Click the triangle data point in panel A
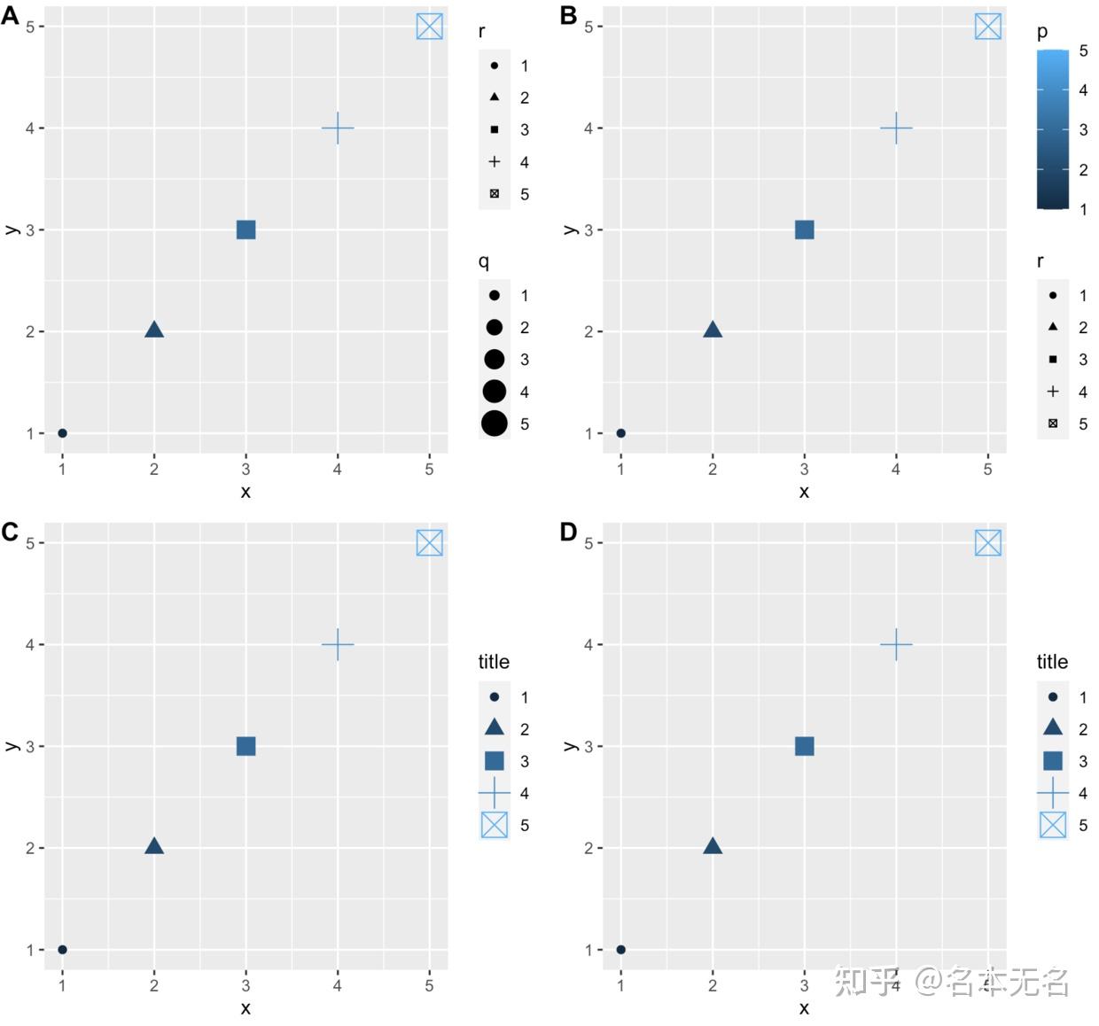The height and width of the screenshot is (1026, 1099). tap(154, 330)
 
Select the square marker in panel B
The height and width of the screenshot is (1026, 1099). tap(804, 229)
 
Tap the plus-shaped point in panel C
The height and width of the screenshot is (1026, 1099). tap(337, 644)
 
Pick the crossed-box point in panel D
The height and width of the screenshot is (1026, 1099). tap(987, 543)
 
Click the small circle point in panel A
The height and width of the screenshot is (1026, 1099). tap(62, 433)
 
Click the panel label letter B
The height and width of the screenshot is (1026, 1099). tap(569, 15)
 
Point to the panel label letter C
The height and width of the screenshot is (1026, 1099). tap(10, 532)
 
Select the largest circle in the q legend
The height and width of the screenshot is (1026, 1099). tap(495, 424)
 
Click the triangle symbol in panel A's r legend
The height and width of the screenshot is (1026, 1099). tap(495, 97)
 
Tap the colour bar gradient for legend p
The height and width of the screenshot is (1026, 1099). tap(1052, 129)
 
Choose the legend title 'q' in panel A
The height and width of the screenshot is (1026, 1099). tap(483, 261)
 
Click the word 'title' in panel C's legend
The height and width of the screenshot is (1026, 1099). tap(494, 662)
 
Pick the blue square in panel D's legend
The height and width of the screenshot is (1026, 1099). tap(1053, 761)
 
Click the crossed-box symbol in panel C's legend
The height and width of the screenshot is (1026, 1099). tap(495, 825)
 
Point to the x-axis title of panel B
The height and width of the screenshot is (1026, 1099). tap(804, 492)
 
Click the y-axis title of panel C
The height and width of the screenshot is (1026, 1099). tap(12, 746)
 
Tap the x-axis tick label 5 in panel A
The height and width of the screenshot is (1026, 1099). tap(429, 469)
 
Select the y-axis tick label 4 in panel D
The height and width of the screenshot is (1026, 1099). tap(588, 644)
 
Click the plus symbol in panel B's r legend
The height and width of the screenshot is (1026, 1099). tap(1053, 392)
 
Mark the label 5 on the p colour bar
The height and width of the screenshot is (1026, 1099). tap(1083, 51)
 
